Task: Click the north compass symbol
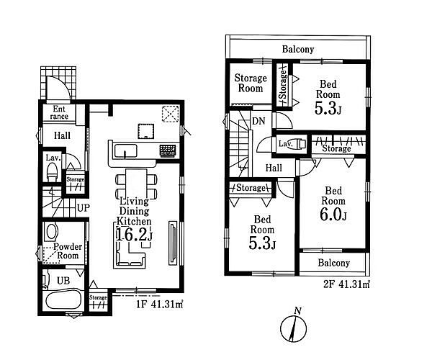tap(293, 327)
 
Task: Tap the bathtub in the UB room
tap(63, 300)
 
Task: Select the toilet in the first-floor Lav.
tap(52, 171)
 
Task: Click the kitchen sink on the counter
tap(125, 151)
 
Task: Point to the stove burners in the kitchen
tap(167, 150)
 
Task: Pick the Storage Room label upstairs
tap(251, 84)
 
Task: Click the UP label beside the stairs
tap(84, 208)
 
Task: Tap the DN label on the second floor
tap(258, 121)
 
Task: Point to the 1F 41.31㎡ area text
tap(160, 304)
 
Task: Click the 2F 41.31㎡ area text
tap(346, 284)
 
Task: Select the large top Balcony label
tap(298, 49)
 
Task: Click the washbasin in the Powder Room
tap(52, 231)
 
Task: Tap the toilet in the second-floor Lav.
tap(297, 144)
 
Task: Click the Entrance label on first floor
tap(59, 112)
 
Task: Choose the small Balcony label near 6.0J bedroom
tap(333, 263)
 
